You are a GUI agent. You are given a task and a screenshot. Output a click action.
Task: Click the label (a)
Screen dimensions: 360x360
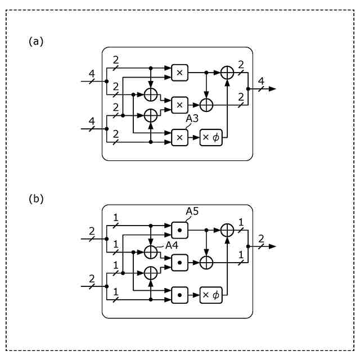(x=36, y=41)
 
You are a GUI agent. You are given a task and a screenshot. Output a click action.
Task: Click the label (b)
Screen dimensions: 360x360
(x=36, y=199)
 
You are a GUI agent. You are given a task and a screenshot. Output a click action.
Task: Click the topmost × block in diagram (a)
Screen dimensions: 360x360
(x=179, y=72)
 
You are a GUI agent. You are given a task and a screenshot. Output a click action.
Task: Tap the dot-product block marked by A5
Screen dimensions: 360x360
(x=179, y=229)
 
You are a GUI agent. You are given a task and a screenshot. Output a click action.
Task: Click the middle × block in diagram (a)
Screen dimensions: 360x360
(x=179, y=105)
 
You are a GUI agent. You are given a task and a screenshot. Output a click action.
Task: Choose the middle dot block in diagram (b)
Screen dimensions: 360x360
(x=179, y=262)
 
